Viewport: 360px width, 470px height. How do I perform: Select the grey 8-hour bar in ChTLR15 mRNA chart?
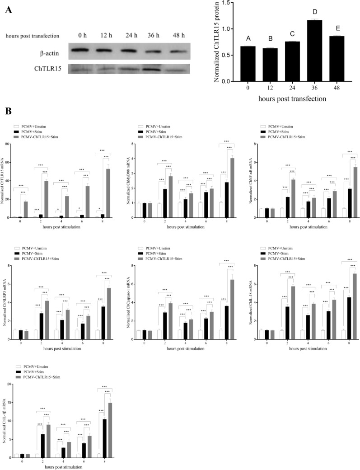108,193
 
